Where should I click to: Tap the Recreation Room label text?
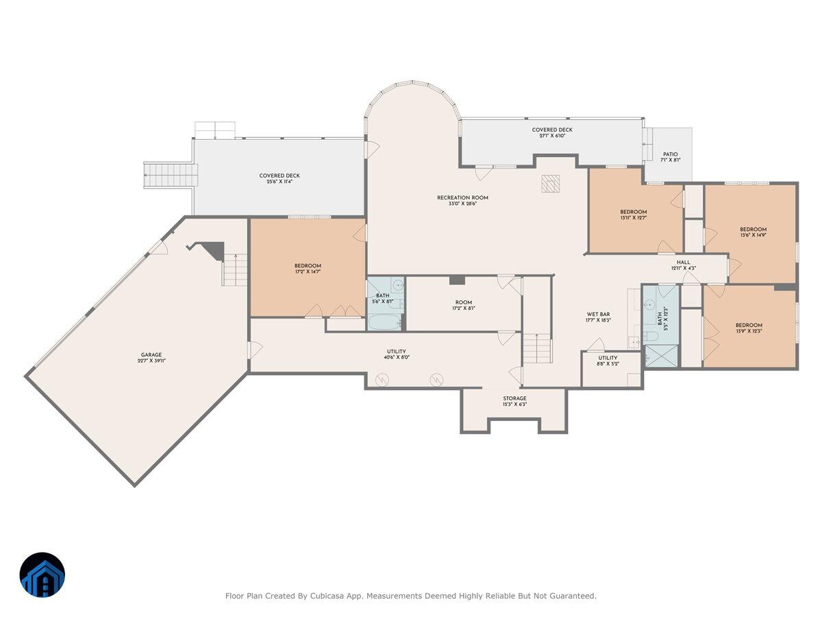463,198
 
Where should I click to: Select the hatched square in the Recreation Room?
551,183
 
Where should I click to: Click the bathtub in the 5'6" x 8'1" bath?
384,322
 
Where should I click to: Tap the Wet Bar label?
598,315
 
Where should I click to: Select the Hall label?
684,262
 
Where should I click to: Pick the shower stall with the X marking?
660,356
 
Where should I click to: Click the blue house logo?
42,575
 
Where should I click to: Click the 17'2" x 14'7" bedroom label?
308,269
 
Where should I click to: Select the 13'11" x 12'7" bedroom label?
634,215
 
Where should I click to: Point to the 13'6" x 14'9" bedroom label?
753,232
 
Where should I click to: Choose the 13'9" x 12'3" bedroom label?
749,328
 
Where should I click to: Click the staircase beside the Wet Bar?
538,349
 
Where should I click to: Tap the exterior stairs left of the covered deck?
170,175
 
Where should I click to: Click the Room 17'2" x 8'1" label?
464,306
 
